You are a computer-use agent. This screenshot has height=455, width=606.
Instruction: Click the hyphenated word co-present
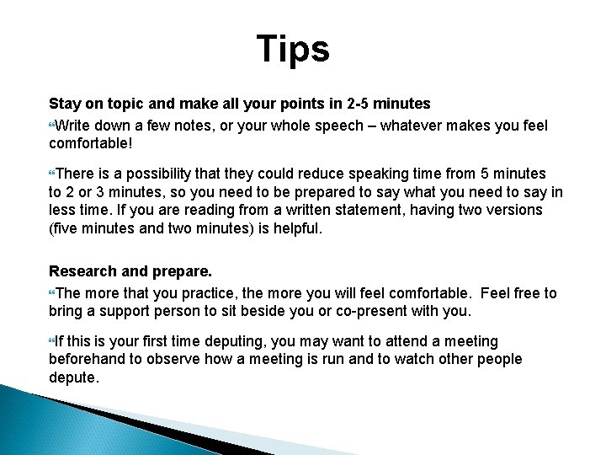point(390,311)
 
